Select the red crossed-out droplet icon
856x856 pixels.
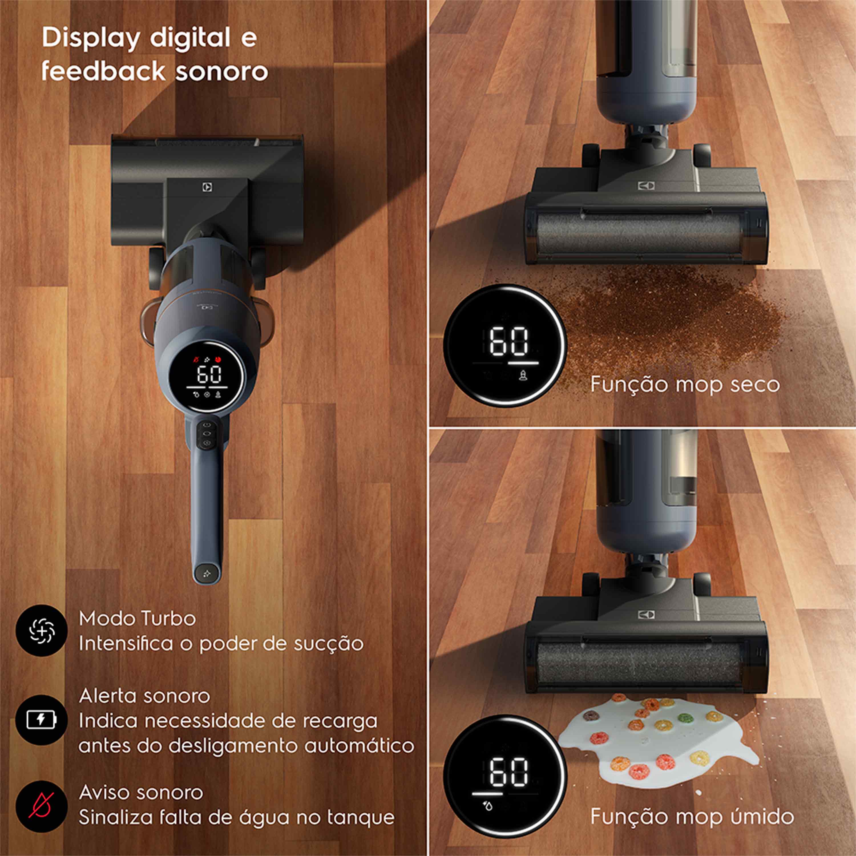tap(41, 805)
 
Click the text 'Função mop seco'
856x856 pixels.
tap(685, 384)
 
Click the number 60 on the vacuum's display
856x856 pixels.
tap(209, 374)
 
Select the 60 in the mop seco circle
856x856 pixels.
tap(509, 341)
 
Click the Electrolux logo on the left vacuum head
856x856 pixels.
tap(207, 187)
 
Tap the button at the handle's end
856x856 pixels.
tap(207, 573)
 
